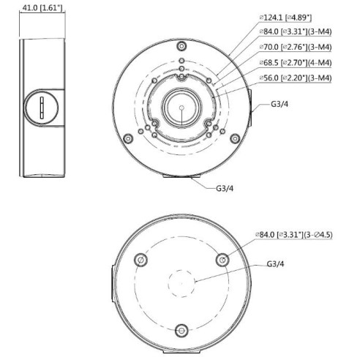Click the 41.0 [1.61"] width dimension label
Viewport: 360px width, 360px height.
42,7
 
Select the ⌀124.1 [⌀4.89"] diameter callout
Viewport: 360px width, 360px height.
285,18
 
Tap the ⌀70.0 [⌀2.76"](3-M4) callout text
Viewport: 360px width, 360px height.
296,47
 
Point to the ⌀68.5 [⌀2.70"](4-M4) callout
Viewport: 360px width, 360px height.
296,63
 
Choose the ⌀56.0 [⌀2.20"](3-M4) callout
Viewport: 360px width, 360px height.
296,78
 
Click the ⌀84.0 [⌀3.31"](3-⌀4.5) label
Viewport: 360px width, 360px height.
293,235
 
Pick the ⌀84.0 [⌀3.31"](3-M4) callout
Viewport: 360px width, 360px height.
296,31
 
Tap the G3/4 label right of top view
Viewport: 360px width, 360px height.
280,104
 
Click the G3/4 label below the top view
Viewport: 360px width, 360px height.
225,188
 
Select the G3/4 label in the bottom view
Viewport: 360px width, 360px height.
276,264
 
